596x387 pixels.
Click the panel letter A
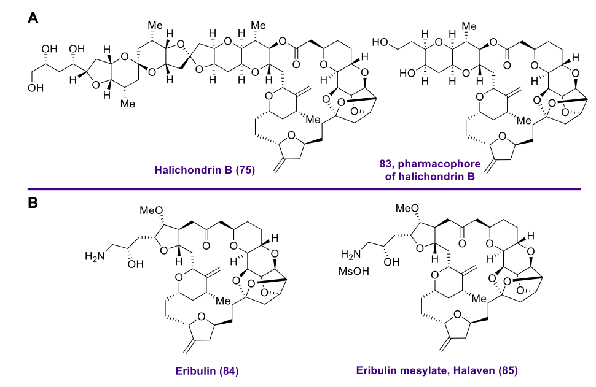pos(33,17)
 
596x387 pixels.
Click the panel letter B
pos(33,202)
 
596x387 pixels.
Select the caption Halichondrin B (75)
pos(205,170)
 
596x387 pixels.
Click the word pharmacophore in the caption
pos(439,164)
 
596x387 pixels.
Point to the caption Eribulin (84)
pos(207,370)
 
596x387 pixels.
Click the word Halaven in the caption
pos(474,370)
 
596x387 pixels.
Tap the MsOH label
pos(354,271)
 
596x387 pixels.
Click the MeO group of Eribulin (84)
pos(151,210)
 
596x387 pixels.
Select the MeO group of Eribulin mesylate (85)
pos(407,208)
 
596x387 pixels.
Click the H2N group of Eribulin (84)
pos(95,256)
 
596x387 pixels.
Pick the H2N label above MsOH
pos(350,254)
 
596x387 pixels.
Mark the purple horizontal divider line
pos(304,188)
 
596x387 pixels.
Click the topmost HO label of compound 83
pos(380,42)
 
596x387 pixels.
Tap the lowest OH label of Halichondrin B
pos(36,88)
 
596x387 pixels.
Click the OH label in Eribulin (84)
pos(135,264)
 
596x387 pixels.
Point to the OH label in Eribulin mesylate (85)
pos(391,261)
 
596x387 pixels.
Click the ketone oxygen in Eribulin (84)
pos(206,246)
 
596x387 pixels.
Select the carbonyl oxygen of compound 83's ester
pos(507,65)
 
